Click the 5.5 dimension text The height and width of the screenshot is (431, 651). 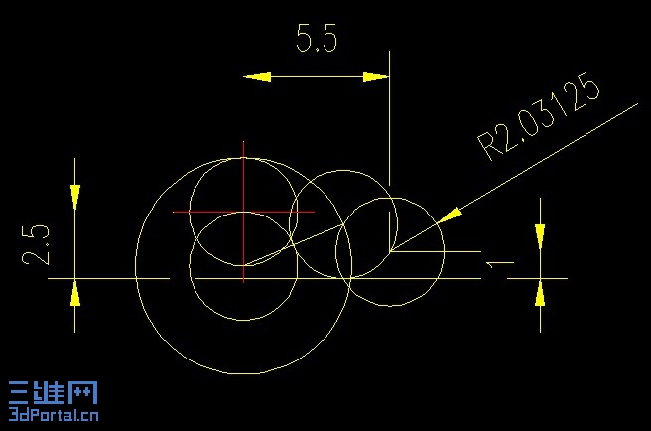pos(317,38)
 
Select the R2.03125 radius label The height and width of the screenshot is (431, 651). pos(539,117)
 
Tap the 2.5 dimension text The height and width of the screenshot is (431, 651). pos(36,245)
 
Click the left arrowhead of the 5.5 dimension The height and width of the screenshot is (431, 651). pos(257,77)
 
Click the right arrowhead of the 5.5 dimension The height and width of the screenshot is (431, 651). pos(376,77)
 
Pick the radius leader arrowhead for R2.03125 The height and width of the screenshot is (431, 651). pos(450,215)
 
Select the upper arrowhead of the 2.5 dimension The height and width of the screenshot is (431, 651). pos(75,197)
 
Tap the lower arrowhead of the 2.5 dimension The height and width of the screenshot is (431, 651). pos(75,293)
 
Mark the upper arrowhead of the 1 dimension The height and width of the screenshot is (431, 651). pos(540,237)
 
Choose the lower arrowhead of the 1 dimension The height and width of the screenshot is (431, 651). pos(540,293)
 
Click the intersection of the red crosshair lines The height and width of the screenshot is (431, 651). pos(243,212)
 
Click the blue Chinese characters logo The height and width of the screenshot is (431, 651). pos(54,392)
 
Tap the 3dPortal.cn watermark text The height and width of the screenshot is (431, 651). pos(54,414)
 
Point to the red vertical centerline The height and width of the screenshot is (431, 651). pos(243,212)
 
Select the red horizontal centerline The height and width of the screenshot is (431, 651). pos(243,212)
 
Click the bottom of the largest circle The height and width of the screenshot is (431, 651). pos(243,373)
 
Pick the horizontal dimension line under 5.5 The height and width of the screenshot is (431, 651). pos(317,77)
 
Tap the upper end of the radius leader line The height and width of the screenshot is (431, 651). pos(637,104)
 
